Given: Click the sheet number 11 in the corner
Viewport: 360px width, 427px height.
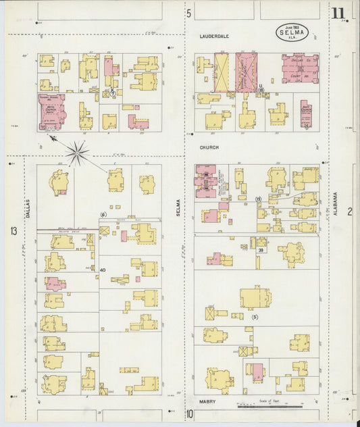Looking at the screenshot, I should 337,12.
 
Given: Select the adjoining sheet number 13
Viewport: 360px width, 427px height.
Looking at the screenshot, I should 14,231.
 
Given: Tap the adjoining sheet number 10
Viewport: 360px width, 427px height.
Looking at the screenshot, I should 190,413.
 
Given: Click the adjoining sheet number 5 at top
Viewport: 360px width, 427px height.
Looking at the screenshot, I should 189,13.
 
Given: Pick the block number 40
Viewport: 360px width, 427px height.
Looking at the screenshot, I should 103,270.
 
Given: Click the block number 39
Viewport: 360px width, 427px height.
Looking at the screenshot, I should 260,250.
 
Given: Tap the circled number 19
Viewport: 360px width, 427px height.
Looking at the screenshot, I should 258,199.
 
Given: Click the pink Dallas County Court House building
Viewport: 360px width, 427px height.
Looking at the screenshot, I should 300,68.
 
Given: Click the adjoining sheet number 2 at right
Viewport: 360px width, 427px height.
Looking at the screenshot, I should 350,212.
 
